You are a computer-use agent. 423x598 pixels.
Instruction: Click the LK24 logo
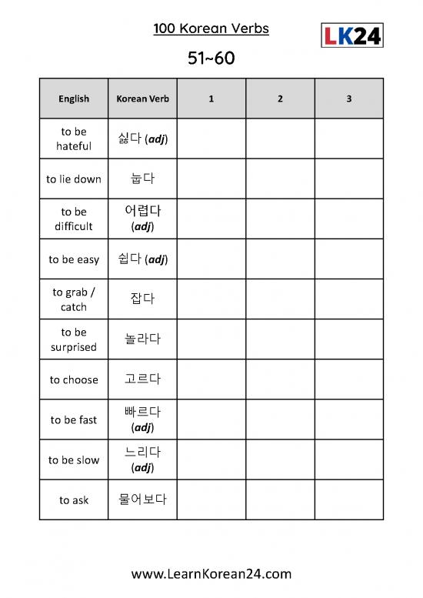(351, 35)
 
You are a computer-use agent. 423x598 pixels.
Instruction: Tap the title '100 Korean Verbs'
(211, 29)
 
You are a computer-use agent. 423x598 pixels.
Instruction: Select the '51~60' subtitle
(211, 58)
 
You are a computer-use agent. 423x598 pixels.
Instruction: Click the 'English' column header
(74, 99)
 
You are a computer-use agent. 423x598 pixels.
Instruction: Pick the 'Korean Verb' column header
(142, 99)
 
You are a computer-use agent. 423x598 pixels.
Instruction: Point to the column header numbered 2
(280, 99)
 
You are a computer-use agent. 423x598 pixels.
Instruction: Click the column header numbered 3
(348, 99)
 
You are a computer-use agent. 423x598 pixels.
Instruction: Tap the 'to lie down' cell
(74, 179)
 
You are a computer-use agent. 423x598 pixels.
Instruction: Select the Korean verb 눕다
(142, 179)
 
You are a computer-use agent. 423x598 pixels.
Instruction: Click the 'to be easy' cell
(74, 259)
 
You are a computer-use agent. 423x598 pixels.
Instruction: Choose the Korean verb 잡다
(142, 299)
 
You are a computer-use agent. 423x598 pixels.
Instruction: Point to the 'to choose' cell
(74, 379)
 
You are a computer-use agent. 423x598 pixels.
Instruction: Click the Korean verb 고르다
(142, 379)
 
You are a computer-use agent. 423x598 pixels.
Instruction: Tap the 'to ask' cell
(74, 500)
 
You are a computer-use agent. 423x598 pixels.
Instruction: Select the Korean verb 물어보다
(142, 499)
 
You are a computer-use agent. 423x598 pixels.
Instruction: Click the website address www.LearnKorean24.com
(211, 573)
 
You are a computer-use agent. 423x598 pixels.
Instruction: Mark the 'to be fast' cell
(74, 419)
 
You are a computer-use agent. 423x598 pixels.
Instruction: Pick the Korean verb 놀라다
(142, 339)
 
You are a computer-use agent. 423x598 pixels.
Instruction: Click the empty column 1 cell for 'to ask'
(211, 499)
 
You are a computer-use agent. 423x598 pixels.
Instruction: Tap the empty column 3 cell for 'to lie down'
(348, 179)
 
